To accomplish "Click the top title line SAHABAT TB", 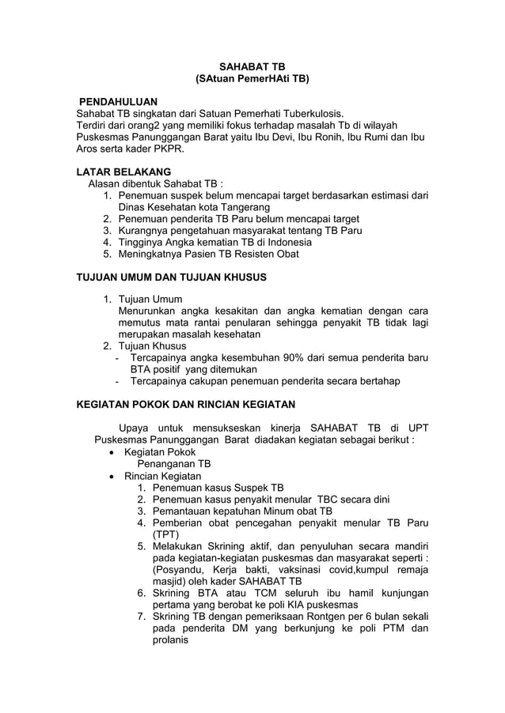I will (x=252, y=66).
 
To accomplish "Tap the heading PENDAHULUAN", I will (x=118, y=103).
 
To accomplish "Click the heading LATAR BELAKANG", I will (x=123, y=172).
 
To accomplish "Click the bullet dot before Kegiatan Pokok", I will (x=116, y=453).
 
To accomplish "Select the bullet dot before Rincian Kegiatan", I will (x=116, y=477).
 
